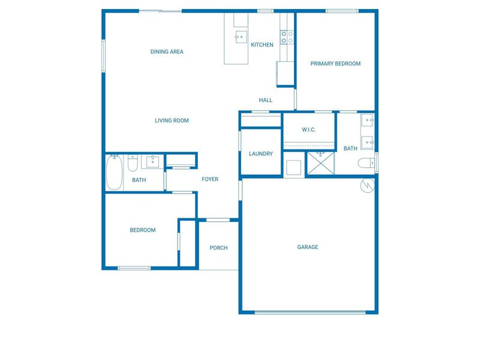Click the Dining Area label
pyautogui.click(x=167, y=52)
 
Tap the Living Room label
pyautogui.click(x=172, y=121)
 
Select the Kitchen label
pyautogui.click(x=262, y=45)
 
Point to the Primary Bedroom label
pyautogui.click(x=335, y=64)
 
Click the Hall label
pyautogui.click(x=266, y=100)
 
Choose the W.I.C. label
pyautogui.click(x=309, y=130)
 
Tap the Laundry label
pyautogui.click(x=261, y=154)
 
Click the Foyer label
pyautogui.click(x=210, y=179)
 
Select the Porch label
pyautogui.click(x=218, y=248)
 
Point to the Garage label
pyautogui.click(x=308, y=247)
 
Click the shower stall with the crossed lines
pyautogui.click(x=320, y=163)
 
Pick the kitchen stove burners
pyautogui.click(x=287, y=37)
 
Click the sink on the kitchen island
pyautogui.click(x=239, y=35)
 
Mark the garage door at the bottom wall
pyautogui.click(x=310, y=311)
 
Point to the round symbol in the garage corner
pyautogui.click(x=367, y=185)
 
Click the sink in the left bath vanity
pyautogui.click(x=153, y=161)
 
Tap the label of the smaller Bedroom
pyautogui.click(x=143, y=230)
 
